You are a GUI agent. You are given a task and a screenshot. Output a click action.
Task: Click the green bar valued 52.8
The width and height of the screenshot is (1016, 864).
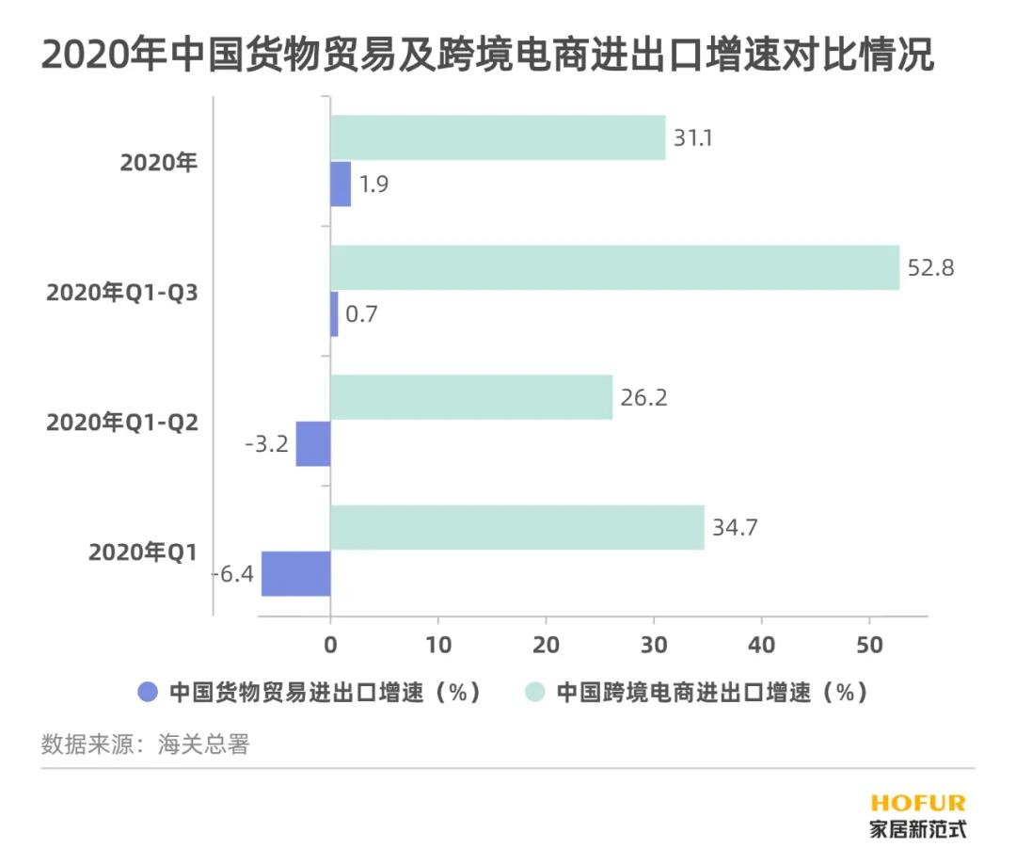[614, 268]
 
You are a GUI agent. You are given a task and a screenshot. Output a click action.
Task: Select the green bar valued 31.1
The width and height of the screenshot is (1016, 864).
[498, 137]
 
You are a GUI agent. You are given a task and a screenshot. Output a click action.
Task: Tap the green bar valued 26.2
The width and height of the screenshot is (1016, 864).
[471, 397]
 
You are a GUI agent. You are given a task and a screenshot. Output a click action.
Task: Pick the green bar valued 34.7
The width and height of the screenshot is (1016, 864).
[517, 527]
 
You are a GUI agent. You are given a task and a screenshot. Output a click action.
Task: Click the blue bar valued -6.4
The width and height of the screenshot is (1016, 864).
[296, 574]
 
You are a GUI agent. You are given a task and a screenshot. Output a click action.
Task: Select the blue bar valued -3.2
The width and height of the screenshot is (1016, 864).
[313, 443]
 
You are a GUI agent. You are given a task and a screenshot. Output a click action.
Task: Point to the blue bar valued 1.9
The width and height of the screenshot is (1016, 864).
[341, 184]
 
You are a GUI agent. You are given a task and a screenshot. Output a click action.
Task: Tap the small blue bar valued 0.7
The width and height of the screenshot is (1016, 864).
[334, 313]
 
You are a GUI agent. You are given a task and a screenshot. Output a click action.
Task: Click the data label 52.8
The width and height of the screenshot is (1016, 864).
[931, 268]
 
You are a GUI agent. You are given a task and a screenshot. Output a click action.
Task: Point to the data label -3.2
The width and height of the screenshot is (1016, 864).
[267, 444]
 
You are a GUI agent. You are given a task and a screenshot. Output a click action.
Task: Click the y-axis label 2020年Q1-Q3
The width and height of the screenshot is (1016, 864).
[122, 293]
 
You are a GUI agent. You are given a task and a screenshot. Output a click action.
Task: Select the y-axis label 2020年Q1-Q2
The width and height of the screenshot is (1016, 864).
[122, 423]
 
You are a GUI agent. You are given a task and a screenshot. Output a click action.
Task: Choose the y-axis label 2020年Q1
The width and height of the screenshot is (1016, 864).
[143, 552]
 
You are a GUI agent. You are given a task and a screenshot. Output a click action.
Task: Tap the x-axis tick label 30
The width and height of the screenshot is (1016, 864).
[654, 646]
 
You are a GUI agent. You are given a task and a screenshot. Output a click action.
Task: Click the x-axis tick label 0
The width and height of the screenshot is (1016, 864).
[330, 646]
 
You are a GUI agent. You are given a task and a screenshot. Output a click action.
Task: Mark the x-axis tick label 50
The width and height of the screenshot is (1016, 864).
[869, 646]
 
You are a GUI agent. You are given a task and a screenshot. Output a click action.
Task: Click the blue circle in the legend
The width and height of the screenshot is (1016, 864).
[148, 693]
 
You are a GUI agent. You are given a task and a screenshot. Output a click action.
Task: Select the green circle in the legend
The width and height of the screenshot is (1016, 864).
[535, 693]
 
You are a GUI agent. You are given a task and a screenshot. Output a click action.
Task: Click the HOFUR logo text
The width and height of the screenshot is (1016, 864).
[917, 803]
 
